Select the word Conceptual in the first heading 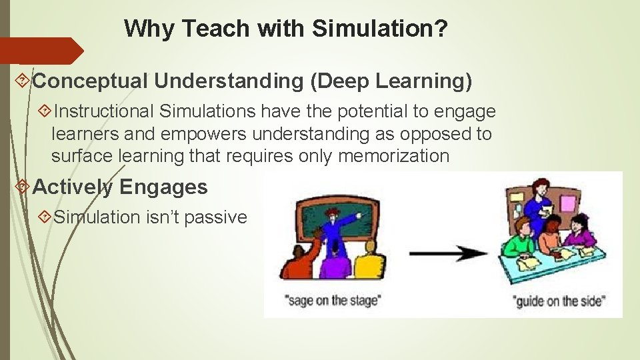pos(91,81)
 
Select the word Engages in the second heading pos(163,187)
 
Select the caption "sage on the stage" pos(333,301)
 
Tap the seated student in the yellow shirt pos(368,266)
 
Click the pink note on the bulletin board pos(569,202)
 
